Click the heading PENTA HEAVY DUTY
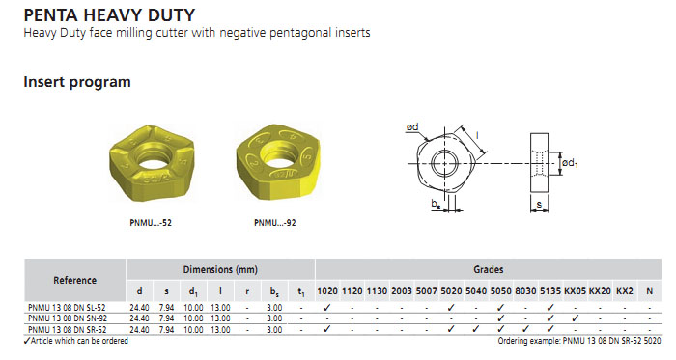(109, 15)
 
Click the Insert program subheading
(77, 82)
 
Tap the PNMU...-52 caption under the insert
(151, 223)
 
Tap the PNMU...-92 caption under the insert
(274, 223)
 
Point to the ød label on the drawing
(412, 127)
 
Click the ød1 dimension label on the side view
(570, 163)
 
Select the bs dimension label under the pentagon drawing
(437, 204)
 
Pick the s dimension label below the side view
(539, 204)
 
